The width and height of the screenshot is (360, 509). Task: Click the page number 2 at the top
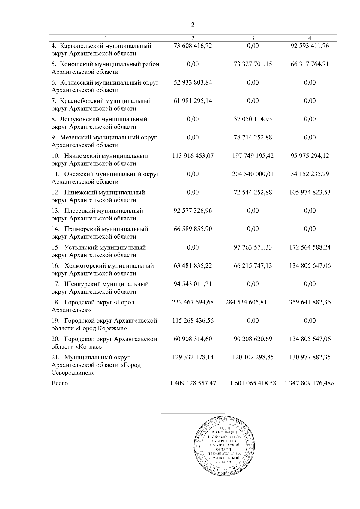(x=193, y=25)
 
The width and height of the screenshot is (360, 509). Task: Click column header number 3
(x=253, y=38)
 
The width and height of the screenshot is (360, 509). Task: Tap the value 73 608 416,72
(x=193, y=46)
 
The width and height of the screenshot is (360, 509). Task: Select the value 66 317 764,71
(x=310, y=64)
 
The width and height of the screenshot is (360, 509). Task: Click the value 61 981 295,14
(x=193, y=101)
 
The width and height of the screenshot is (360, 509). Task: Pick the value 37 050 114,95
(x=253, y=119)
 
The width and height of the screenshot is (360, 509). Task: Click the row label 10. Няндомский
(x=76, y=156)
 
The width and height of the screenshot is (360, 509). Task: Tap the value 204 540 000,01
(x=253, y=174)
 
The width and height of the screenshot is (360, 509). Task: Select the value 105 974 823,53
(x=310, y=192)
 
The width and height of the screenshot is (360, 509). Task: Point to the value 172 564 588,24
(x=310, y=247)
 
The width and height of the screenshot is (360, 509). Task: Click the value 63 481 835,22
(x=193, y=265)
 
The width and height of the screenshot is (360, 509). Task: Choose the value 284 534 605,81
(x=246, y=302)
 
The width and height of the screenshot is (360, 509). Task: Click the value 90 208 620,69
(x=253, y=339)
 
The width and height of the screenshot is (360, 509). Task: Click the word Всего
(x=59, y=383)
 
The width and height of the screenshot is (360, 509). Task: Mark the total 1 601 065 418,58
(x=253, y=383)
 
